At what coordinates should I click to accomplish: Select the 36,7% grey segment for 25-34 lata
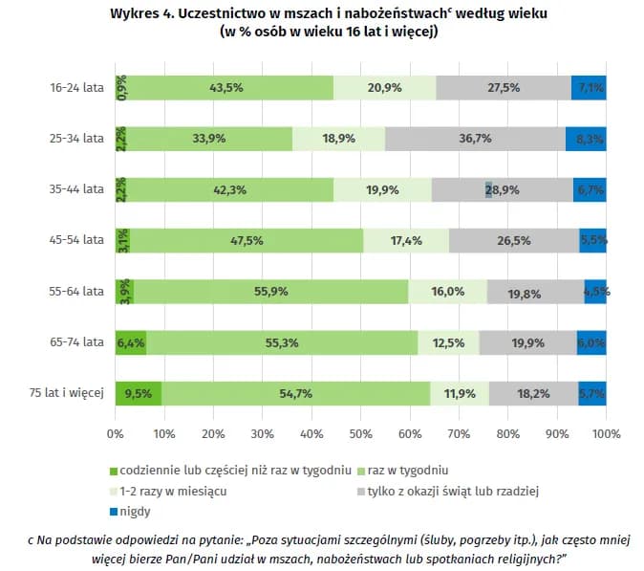[475, 138]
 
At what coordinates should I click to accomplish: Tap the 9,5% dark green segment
[139, 393]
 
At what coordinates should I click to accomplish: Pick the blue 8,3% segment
[586, 138]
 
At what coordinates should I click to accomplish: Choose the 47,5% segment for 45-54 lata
[247, 240]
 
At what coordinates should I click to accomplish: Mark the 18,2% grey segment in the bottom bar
[532, 393]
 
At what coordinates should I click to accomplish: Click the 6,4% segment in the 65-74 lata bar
[131, 342]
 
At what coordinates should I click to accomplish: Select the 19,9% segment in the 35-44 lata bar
[382, 189]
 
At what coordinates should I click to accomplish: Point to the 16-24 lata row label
[77, 87]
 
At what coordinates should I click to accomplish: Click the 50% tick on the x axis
[361, 434]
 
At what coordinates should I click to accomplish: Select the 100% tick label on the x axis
[605, 434]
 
